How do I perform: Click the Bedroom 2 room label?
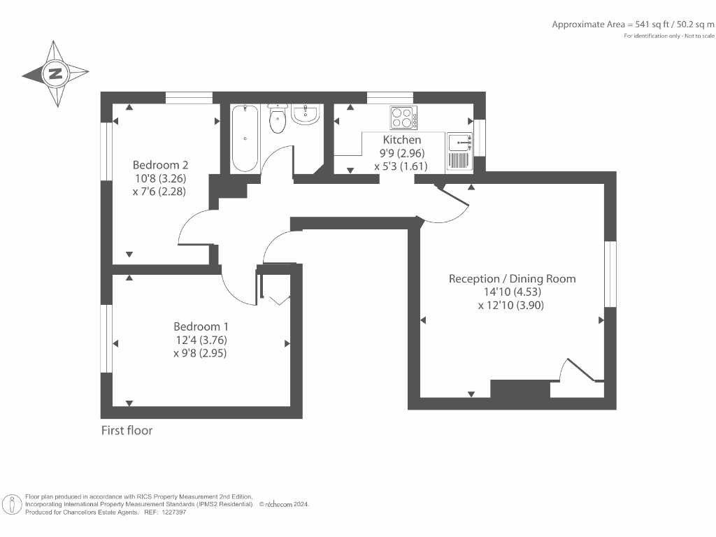pyautogui.click(x=160, y=165)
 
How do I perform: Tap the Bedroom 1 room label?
pyautogui.click(x=201, y=327)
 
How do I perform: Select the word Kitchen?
pyautogui.click(x=402, y=140)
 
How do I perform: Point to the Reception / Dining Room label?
pyautogui.click(x=512, y=278)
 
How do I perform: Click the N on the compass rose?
pyautogui.click(x=55, y=73)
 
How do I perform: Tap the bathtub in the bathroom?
pyautogui.click(x=245, y=138)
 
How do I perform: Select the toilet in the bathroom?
pyautogui.click(x=278, y=119)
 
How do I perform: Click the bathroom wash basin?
pyautogui.click(x=306, y=114)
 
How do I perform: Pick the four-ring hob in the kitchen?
pyautogui.click(x=403, y=117)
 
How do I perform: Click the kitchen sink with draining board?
pyautogui.click(x=460, y=151)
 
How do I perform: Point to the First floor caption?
pyautogui.click(x=127, y=431)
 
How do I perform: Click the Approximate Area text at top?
pyautogui.click(x=633, y=24)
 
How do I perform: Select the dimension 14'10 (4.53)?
pyautogui.click(x=513, y=292)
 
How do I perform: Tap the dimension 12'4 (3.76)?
pyautogui.click(x=201, y=341)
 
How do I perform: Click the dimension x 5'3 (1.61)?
pyautogui.click(x=401, y=166)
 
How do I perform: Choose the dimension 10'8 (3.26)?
pyautogui.click(x=160, y=178)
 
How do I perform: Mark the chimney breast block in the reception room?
pyautogui.click(x=520, y=389)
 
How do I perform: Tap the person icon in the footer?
pyautogui.click(x=13, y=505)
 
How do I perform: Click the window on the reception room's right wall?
pyautogui.click(x=610, y=274)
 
